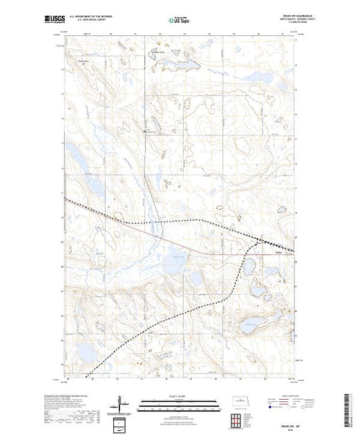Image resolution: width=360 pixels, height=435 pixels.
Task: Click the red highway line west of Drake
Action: pos(207,251)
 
